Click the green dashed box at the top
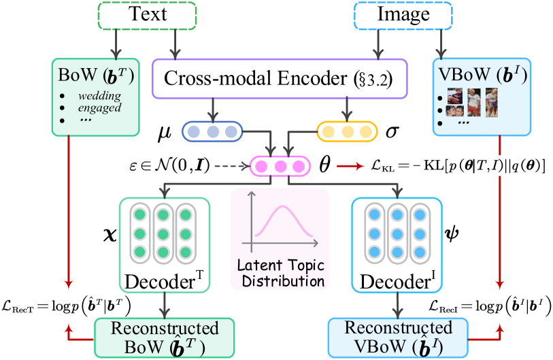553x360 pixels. (148, 16)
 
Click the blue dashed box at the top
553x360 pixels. (403, 16)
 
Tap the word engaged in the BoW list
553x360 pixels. (99, 108)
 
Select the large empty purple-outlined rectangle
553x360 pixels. (279, 79)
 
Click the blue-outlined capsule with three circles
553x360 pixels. (212, 131)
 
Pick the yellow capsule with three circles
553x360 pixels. (347, 131)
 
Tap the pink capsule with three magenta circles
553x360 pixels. (280, 165)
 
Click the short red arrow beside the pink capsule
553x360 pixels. (351, 165)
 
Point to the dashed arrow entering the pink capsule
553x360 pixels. (230, 165)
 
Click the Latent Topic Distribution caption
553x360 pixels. (280, 273)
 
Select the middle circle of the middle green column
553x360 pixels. (163, 233)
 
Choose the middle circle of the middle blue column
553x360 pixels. (397, 233)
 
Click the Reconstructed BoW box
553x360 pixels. (164, 337)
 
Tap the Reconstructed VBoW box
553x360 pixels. (398, 337)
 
